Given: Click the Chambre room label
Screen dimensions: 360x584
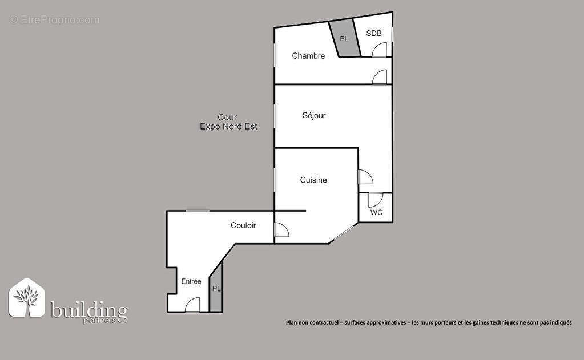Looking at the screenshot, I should coord(308,56).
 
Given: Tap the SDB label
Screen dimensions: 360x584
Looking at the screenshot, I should coord(373,33).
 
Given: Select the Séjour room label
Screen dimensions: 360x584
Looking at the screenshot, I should coord(314,115).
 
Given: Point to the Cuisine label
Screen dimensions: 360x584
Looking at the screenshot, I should coord(313,180).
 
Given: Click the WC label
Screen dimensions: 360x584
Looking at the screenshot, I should coord(376,212).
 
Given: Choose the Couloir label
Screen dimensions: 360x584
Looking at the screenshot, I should coord(243,225).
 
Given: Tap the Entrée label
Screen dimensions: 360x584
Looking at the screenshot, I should coord(191,281).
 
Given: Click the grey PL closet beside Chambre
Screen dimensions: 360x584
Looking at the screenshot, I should coord(344,39).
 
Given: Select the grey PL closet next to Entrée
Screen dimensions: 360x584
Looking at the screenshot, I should coord(216,289).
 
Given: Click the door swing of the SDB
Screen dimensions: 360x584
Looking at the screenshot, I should coord(379,51).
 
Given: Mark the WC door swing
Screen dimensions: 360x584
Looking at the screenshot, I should coord(375,200).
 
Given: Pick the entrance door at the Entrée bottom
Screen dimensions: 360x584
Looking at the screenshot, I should coord(192,305).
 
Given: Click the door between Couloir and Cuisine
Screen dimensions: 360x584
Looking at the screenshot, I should coord(281,229).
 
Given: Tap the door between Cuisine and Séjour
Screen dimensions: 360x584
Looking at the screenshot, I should coord(365,177).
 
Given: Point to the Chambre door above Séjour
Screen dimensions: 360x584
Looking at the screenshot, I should coord(380,78).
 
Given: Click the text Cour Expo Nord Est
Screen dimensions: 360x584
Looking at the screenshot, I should coord(228,122).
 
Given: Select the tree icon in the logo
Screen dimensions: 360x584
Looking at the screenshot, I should coord(26,298).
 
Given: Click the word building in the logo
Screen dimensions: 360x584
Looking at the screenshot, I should coord(90,310).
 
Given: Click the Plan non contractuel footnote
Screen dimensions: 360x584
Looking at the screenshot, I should coord(429,322).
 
